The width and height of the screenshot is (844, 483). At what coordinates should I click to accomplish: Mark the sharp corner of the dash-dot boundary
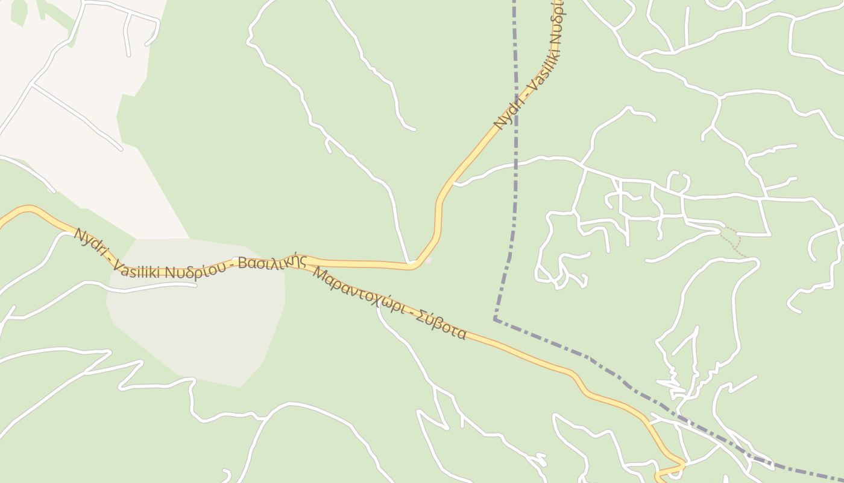point(494,319)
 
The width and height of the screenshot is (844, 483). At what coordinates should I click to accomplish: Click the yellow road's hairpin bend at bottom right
point(684,464)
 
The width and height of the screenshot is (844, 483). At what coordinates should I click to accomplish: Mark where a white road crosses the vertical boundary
point(515,162)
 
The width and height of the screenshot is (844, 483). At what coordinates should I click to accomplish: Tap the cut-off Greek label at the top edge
point(557,7)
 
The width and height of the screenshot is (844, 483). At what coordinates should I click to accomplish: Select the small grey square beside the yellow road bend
point(429,260)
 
